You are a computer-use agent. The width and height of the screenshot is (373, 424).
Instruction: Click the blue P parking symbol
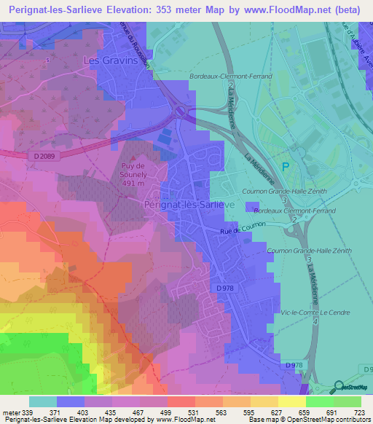[x=286, y=166]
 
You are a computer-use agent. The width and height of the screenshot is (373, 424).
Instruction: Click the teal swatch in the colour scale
[x=43, y=401]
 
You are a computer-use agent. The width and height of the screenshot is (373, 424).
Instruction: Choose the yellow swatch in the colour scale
[x=291, y=401]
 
